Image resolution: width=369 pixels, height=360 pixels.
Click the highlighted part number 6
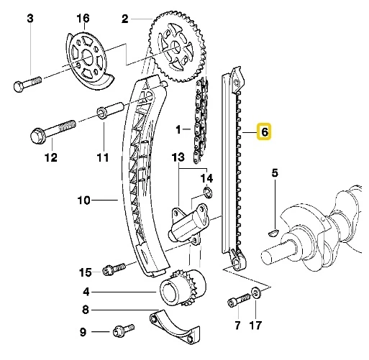tap(264, 132)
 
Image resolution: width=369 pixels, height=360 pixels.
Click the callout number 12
tap(50, 157)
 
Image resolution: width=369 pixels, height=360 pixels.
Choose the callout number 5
tap(274, 172)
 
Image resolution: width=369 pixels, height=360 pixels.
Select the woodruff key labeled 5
tap(273, 231)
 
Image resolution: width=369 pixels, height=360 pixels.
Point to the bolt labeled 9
tap(122, 331)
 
